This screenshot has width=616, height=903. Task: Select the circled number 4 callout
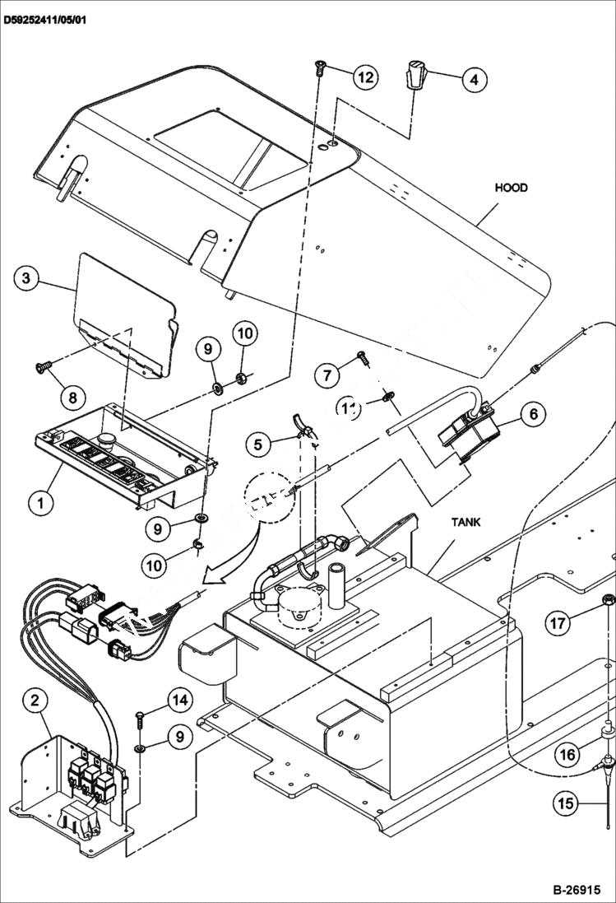pyautogui.click(x=474, y=80)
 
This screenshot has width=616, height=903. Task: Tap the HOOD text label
pyautogui.click(x=511, y=188)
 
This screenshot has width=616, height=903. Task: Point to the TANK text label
pyautogui.click(x=465, y=522)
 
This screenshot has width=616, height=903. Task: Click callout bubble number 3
pyautogui.click(x=26, y=278)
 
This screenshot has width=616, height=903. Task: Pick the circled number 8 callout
pyautogui.click(x=72, y=397)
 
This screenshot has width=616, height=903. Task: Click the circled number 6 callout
pyautogui.click(x=533, y=413)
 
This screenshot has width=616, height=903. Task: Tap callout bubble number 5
pyautogui.click(x=259, y=445)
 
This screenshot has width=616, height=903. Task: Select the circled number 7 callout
pyautogui.click(x=327, y=376)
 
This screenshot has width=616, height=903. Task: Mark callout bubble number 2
pyautogui.click(x=34, y=701)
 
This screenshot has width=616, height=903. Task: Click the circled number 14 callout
pyautogui.click(x=180, y=701)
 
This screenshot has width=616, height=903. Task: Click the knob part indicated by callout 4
pyautogui.click(x=417, y=76)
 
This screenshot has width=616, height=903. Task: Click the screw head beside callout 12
pyautogui.click(x=320, y=69)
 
